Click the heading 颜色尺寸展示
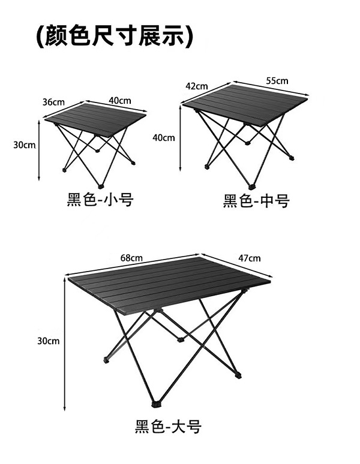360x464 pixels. pos(114,37)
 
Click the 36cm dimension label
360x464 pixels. pos(53,102)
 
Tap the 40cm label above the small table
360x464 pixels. pos(120,100)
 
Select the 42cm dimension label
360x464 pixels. pos(196,86)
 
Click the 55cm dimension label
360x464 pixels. pos(277,80)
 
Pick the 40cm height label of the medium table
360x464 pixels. pos(164,137)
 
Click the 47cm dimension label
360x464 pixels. pos(250,258)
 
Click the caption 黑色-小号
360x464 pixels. pos(100,200)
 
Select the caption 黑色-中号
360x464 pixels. pos(256,201)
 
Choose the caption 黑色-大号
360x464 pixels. pos(168,427)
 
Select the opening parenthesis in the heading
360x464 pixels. pos(39,37)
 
